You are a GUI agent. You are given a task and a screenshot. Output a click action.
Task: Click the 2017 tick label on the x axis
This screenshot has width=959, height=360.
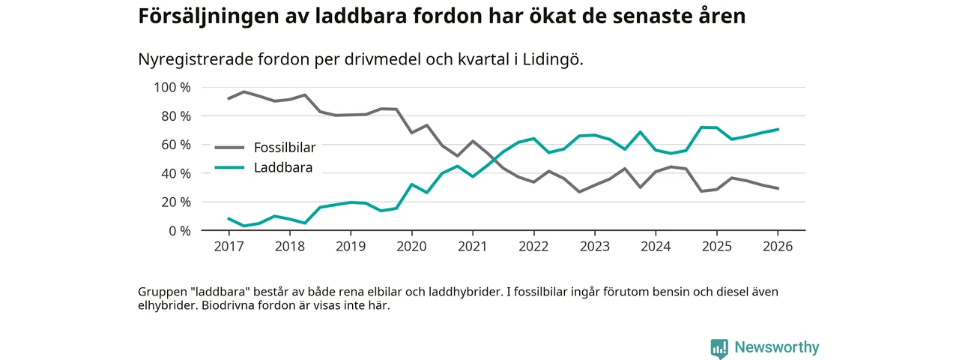[228, 246]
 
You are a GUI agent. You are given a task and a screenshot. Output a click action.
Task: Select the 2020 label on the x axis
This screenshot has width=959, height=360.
[411, 246]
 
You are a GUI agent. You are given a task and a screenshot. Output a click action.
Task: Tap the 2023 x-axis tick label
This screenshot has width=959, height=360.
[594, 246]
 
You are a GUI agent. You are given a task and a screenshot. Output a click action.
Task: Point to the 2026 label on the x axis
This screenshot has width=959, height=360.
[778, 246]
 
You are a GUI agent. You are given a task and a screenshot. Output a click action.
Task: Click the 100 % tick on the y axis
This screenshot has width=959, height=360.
[172, 87]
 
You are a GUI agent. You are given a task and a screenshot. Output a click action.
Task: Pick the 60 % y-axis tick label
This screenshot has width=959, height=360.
[175, 145]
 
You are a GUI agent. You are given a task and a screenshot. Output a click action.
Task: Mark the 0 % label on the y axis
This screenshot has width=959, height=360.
[179, 230]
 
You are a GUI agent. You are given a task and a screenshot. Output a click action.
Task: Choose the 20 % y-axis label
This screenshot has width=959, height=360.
[175, 202]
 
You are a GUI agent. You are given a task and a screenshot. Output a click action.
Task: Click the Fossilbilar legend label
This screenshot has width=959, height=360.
[285, 148]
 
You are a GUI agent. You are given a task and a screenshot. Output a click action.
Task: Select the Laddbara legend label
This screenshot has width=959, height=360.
[282, 167]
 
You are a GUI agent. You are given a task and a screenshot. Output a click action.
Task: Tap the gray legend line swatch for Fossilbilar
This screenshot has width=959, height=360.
[229, 148]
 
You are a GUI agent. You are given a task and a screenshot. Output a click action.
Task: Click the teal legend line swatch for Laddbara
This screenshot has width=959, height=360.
[229, 167]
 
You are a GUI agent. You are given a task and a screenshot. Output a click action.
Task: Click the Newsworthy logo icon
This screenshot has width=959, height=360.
[719, 348]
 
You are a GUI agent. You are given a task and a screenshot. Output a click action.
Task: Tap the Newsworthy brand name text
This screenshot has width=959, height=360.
[777, 347]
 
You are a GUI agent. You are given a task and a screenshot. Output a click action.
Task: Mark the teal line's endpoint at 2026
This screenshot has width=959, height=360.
[778, 129]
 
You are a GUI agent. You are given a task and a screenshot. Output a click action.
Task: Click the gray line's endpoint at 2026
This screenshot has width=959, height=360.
[778, 188]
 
